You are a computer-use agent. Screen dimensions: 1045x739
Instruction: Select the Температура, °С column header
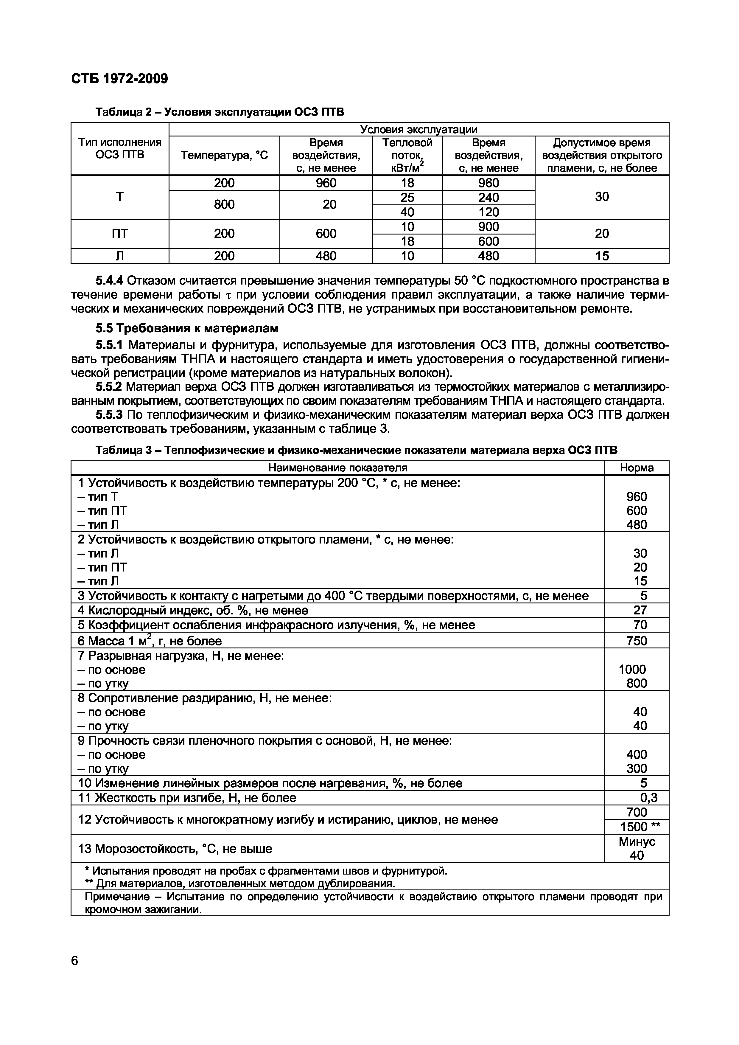[224, 156]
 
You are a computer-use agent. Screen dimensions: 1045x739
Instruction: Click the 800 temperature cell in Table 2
[224, 204]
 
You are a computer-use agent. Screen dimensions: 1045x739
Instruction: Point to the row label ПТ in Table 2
[120, 234]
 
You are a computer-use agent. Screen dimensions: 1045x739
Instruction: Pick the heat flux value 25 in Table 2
[407, 198]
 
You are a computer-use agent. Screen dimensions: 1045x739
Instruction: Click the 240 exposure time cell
[488, 198]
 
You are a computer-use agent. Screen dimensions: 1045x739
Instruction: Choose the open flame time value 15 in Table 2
[602, 256]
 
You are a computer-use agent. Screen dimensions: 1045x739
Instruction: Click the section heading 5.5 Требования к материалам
[187, 328]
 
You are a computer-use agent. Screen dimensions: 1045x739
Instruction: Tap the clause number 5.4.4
[110, 280]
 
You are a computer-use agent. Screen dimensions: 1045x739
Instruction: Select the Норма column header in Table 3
[637, 468]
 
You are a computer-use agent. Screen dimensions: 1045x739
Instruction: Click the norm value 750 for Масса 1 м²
[637, 641]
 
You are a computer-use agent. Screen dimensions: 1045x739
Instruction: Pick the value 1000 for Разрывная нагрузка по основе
[633, 670]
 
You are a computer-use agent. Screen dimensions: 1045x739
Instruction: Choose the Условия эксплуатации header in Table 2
[418, 130]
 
